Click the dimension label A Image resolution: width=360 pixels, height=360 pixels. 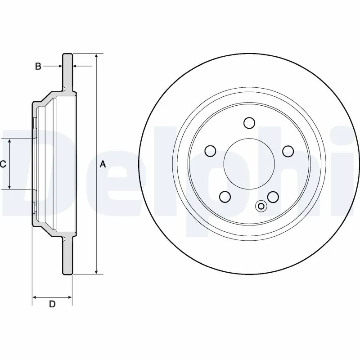103,165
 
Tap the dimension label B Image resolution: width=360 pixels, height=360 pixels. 38,67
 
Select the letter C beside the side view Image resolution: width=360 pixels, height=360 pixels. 3,165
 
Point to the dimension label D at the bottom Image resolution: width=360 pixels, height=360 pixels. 52,305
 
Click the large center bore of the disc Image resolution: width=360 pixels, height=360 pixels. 249,163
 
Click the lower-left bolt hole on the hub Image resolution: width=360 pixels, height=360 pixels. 225,197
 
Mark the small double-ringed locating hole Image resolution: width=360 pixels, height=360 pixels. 261,206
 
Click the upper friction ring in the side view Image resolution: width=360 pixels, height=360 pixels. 67,72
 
